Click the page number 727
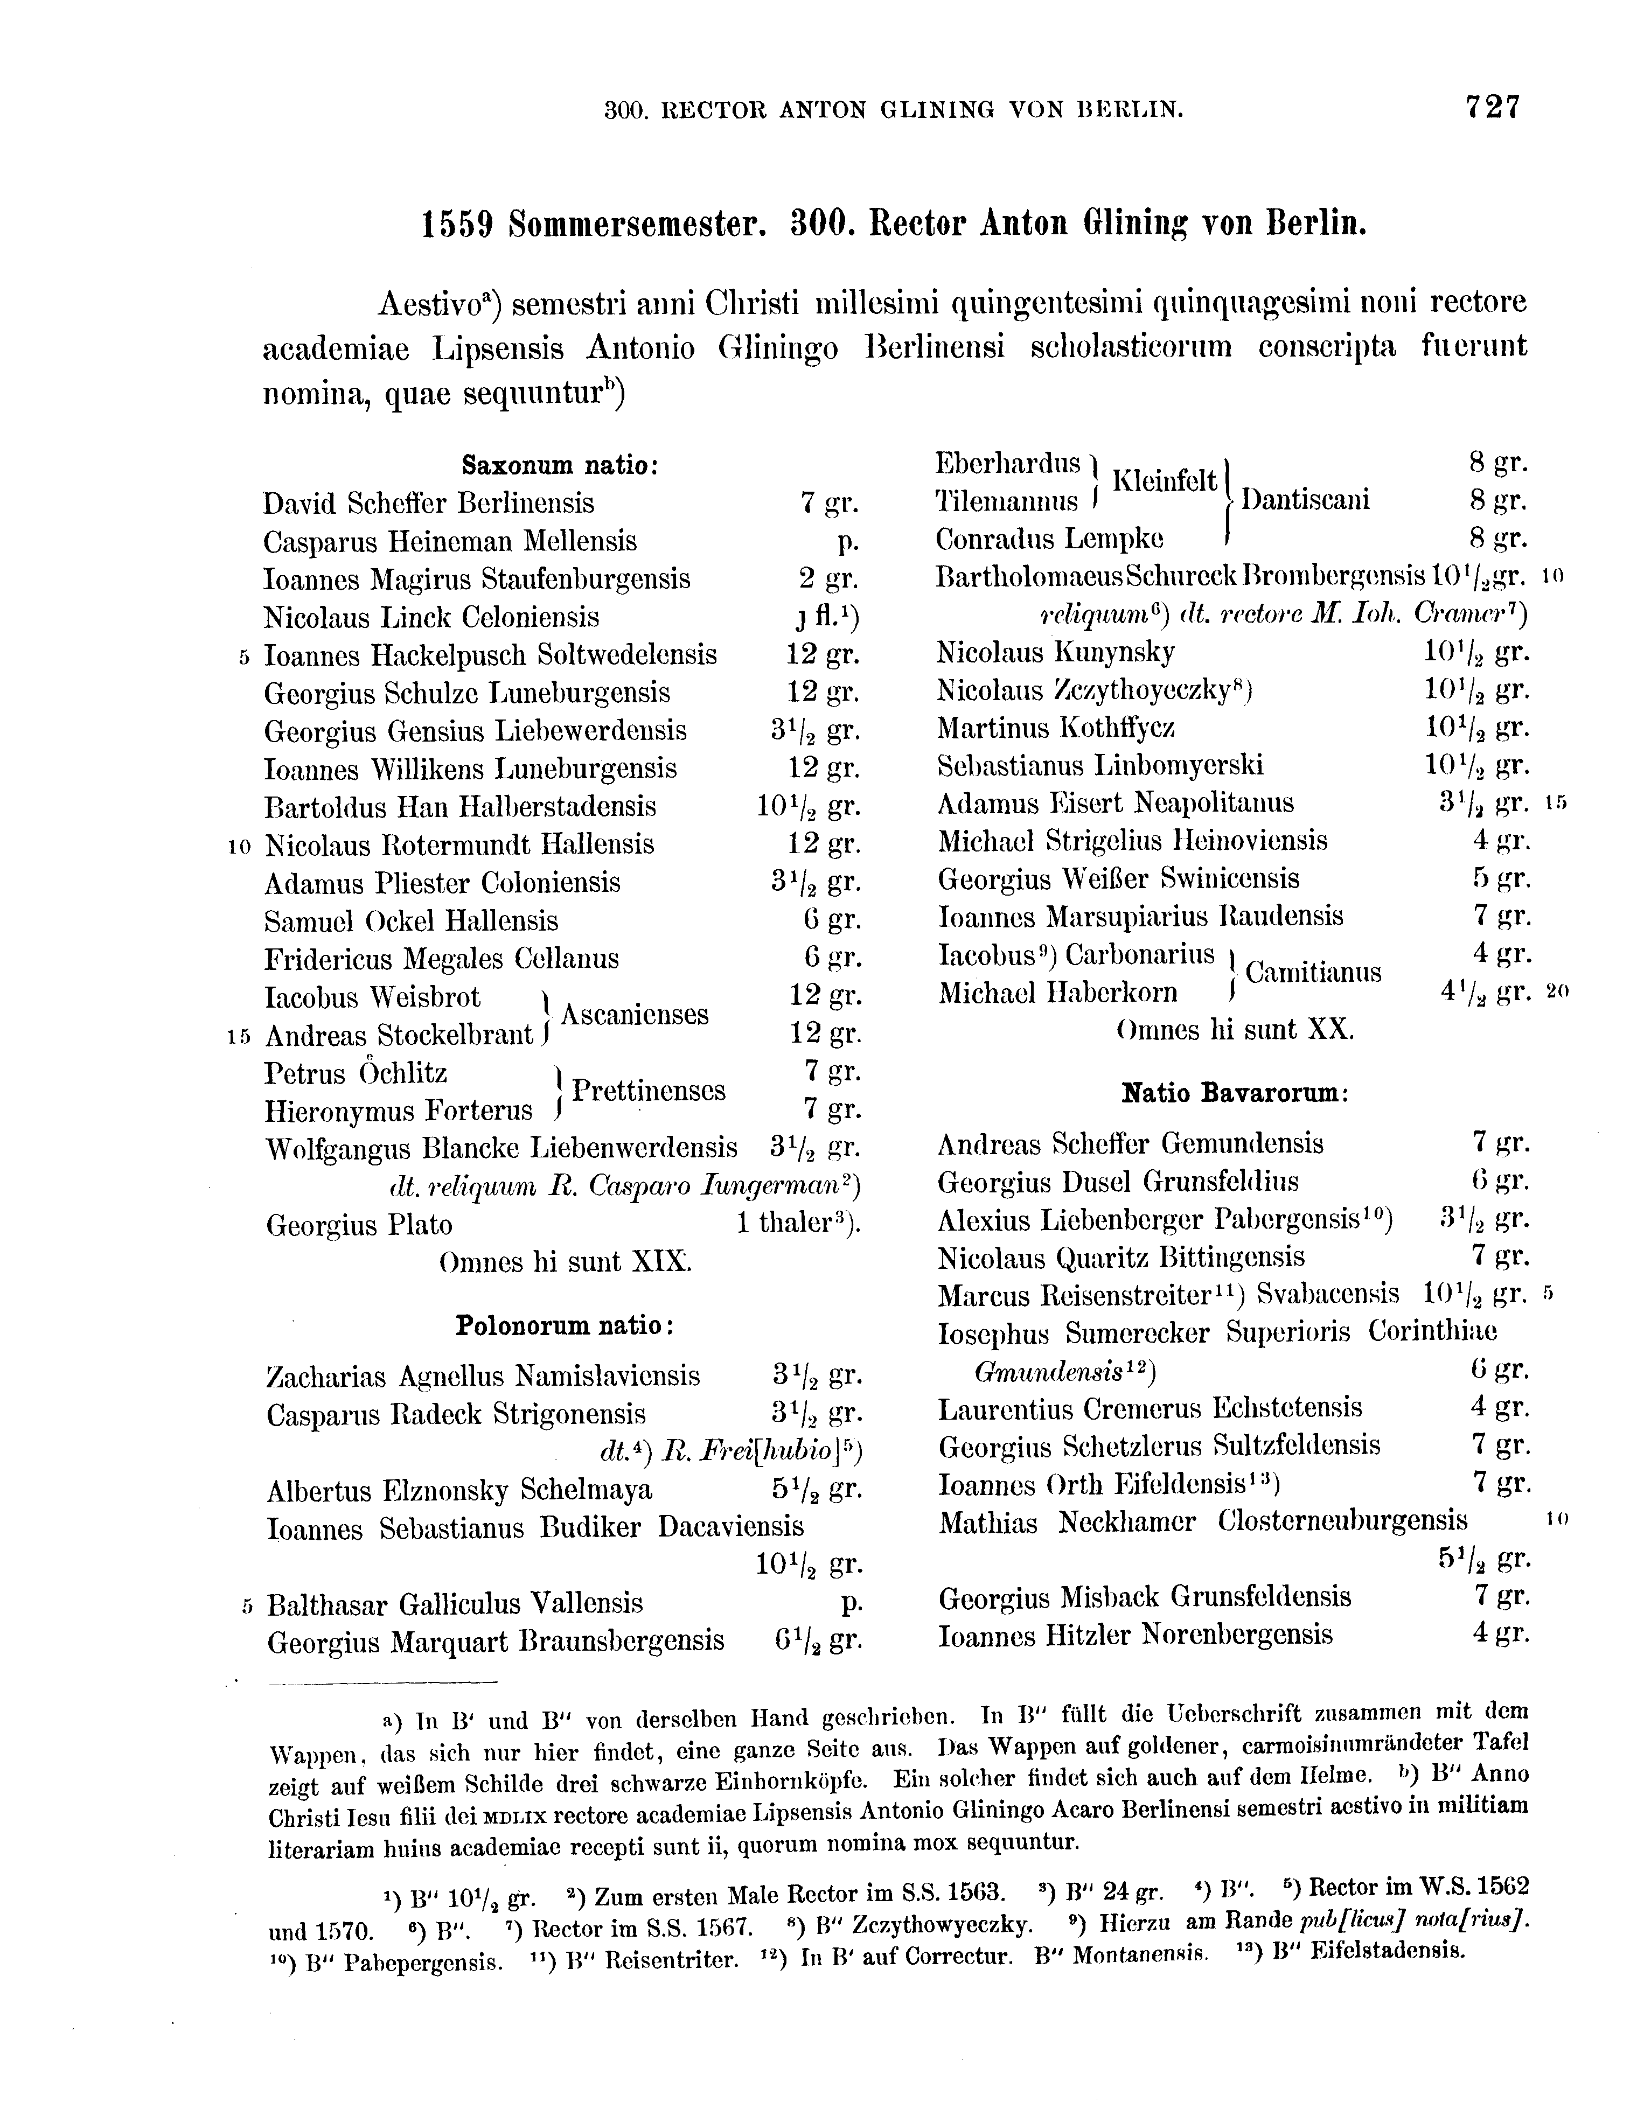tap(1492, 106)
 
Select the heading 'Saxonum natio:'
tap(560, 465)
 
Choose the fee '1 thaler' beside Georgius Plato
tap(797, 1225)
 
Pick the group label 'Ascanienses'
tap(635, 1014)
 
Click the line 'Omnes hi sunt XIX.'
tap(565, 1262)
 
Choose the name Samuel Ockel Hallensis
tap(412, 920)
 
